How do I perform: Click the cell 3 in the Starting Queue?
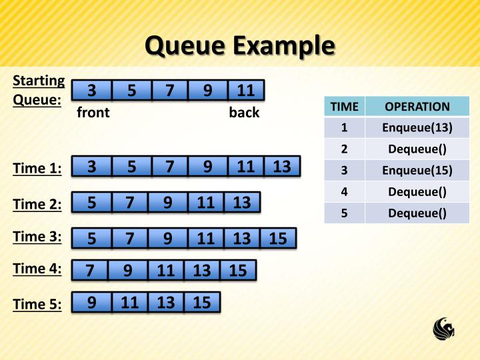tap(91, 90)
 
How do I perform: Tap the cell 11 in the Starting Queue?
tap(245, 90)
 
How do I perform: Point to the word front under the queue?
tap(93, 113)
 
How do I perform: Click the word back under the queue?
tap(244, 113)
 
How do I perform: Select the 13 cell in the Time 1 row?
tap(282, 167)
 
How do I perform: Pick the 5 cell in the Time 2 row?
tap(91, 202)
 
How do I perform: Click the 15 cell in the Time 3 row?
tap(278, 238)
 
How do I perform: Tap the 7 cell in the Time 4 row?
tap(91, 270)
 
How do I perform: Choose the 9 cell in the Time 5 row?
tap(91, 303)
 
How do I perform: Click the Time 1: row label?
tap(37, 169)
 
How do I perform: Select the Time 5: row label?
tap(37, 305)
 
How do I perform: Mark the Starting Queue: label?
tap(39, 90)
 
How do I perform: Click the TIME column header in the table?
tap(344, 107)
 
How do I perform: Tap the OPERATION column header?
tap(417, 107)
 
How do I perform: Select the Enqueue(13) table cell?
tap(417, 127)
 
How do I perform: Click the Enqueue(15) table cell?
tap(417, 170)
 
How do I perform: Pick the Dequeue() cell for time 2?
tap(417, 149)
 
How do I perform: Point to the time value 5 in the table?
tap(344, 213)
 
